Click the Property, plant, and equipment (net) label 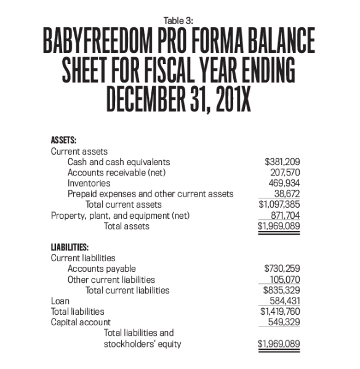point(120,215)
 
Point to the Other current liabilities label point(111,279)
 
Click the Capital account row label point(81,322)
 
